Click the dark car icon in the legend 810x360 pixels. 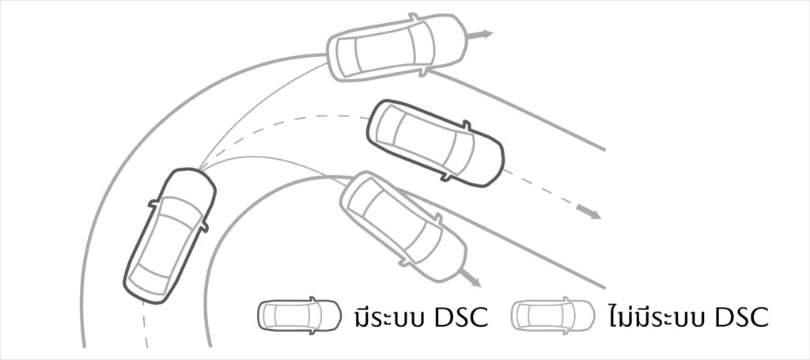pos(299,315)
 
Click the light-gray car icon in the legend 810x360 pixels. pos(553,315)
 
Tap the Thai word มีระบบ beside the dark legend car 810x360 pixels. pos(389,316)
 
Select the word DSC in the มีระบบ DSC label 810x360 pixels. pos(461,318)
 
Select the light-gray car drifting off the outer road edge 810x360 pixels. pos(397,47)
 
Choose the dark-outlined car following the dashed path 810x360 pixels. pos(435,143)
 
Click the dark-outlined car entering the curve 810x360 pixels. pos(169,236)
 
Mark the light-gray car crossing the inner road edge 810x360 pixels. pos(403,226)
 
